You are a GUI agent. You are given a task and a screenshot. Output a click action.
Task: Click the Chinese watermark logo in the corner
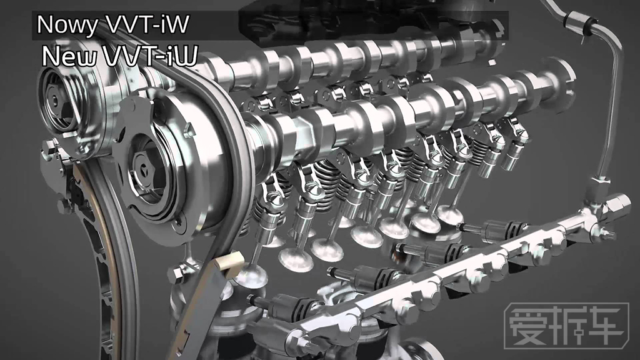point(566,326)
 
